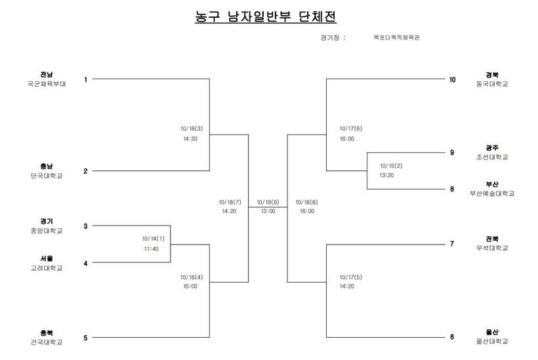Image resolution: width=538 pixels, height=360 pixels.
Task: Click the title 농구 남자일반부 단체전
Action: tap(266, 16)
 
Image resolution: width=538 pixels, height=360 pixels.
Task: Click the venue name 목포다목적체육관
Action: tap(396, 37)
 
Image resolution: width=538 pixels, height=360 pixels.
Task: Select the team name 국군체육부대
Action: tap(47, 84)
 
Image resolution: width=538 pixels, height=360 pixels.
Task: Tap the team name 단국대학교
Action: tap(47, 176)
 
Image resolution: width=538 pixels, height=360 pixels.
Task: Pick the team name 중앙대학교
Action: tap(47, 231)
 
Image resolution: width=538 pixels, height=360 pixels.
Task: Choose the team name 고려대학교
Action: tap(47, 268)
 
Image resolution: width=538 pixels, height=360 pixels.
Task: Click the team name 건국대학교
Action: tap(47, 342)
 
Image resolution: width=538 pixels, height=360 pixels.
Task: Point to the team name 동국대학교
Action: tap(492, 84)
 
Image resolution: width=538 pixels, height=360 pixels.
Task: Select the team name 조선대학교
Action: tap(492, 157)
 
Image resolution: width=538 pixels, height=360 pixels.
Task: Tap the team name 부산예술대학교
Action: tap(492, 193)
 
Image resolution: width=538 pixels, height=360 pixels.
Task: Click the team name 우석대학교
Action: tap(492, 248)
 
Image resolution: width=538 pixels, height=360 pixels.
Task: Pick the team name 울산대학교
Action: tap(492, 342)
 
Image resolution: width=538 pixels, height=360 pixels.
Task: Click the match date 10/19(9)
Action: tap(268, 202)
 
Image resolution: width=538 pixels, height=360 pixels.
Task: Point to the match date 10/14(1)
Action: tap(154, 239)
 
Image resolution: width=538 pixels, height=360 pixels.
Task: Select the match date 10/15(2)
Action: tap(391, 166)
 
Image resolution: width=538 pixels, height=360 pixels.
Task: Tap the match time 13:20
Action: tap(386, 175)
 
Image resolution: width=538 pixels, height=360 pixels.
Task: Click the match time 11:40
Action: tap(152, 249)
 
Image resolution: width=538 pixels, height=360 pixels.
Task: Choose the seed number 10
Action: tap(452, 79)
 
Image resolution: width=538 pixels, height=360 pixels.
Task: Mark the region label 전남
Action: tap(47, 74)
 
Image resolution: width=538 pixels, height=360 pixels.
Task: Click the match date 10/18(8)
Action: tap(307, 202)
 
